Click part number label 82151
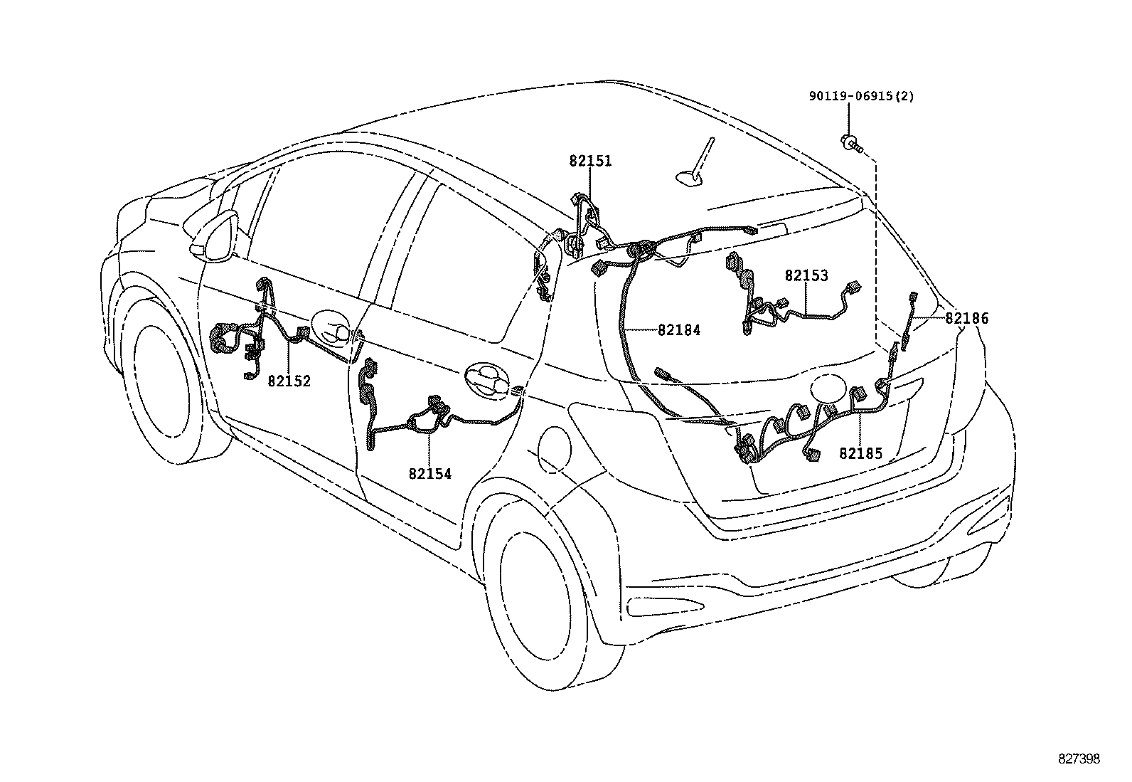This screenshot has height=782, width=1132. pos(590,162)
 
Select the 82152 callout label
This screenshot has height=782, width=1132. pos(289,381)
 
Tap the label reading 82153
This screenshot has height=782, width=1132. pos(806,276)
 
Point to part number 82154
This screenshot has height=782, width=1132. pos(430,473)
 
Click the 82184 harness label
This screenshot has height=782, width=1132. pos(679,330)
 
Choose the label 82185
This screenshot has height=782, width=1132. pos(860,453)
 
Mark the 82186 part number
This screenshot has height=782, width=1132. pos(966,319)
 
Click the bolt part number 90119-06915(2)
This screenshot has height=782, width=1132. pos(861,97)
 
